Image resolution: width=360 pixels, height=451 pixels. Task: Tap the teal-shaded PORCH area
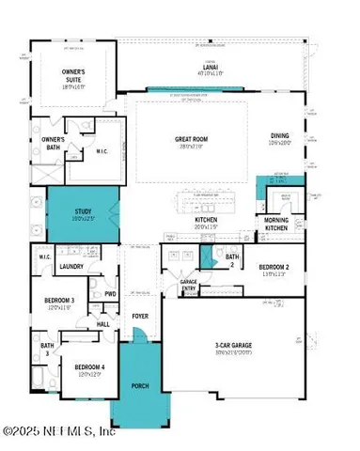click(x=138, y=385)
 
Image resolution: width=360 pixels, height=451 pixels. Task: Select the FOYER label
click(x=140, y=317)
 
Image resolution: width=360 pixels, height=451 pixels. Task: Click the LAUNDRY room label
click(x=72, y=267)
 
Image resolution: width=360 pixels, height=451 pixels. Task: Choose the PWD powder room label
click(x=111, y=293)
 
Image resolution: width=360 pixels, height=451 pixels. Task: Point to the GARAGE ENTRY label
click(x=189, y=285)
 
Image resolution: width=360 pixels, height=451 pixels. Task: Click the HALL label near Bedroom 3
click(x=103, y=324)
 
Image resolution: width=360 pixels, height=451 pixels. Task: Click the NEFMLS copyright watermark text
click(x=59, y=433)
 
